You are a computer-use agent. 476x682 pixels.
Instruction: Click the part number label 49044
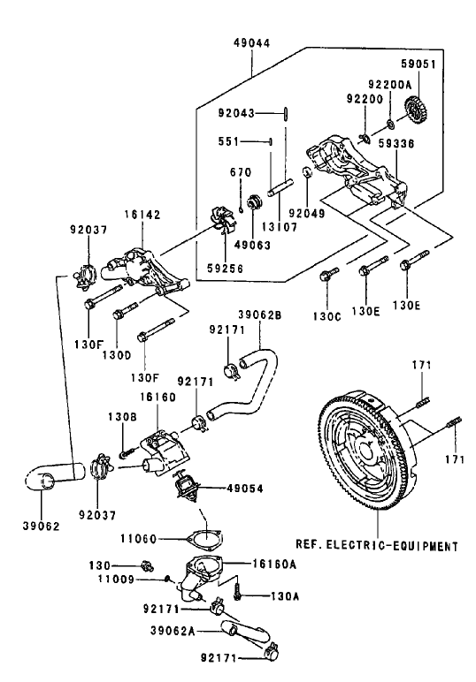253,42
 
